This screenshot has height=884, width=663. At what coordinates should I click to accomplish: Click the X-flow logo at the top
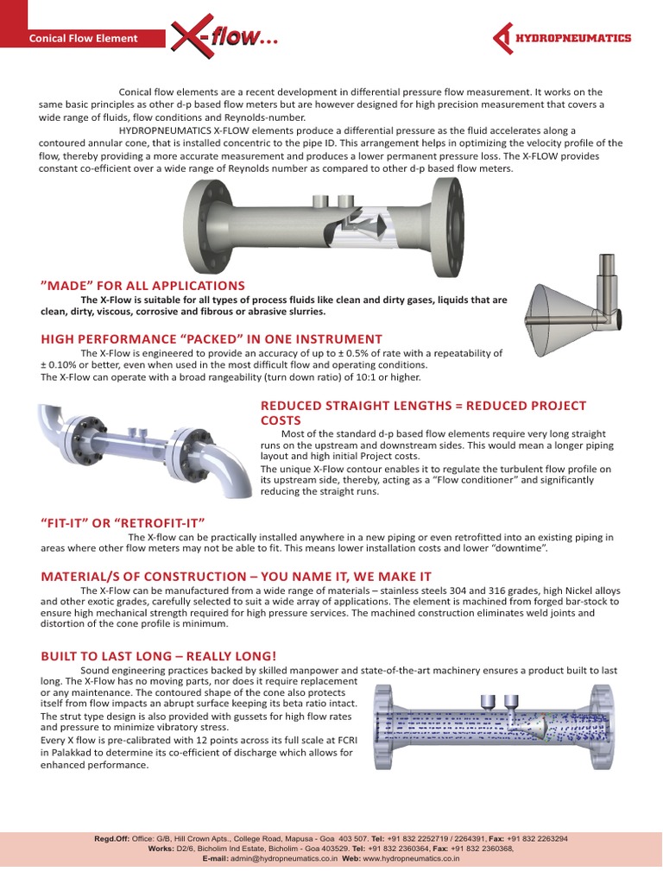coord(223,37)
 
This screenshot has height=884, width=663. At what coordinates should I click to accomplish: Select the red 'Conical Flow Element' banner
coord(84,38)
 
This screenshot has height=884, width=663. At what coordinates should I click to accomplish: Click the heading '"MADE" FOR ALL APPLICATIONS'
coord(142,286)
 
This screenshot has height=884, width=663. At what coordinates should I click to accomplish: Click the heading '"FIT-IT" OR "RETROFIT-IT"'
coord(122,522)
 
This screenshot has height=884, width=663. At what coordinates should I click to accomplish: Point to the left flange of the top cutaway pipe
coord(196,227)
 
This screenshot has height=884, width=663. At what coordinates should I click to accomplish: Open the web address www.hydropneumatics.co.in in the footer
coord(411,859)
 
